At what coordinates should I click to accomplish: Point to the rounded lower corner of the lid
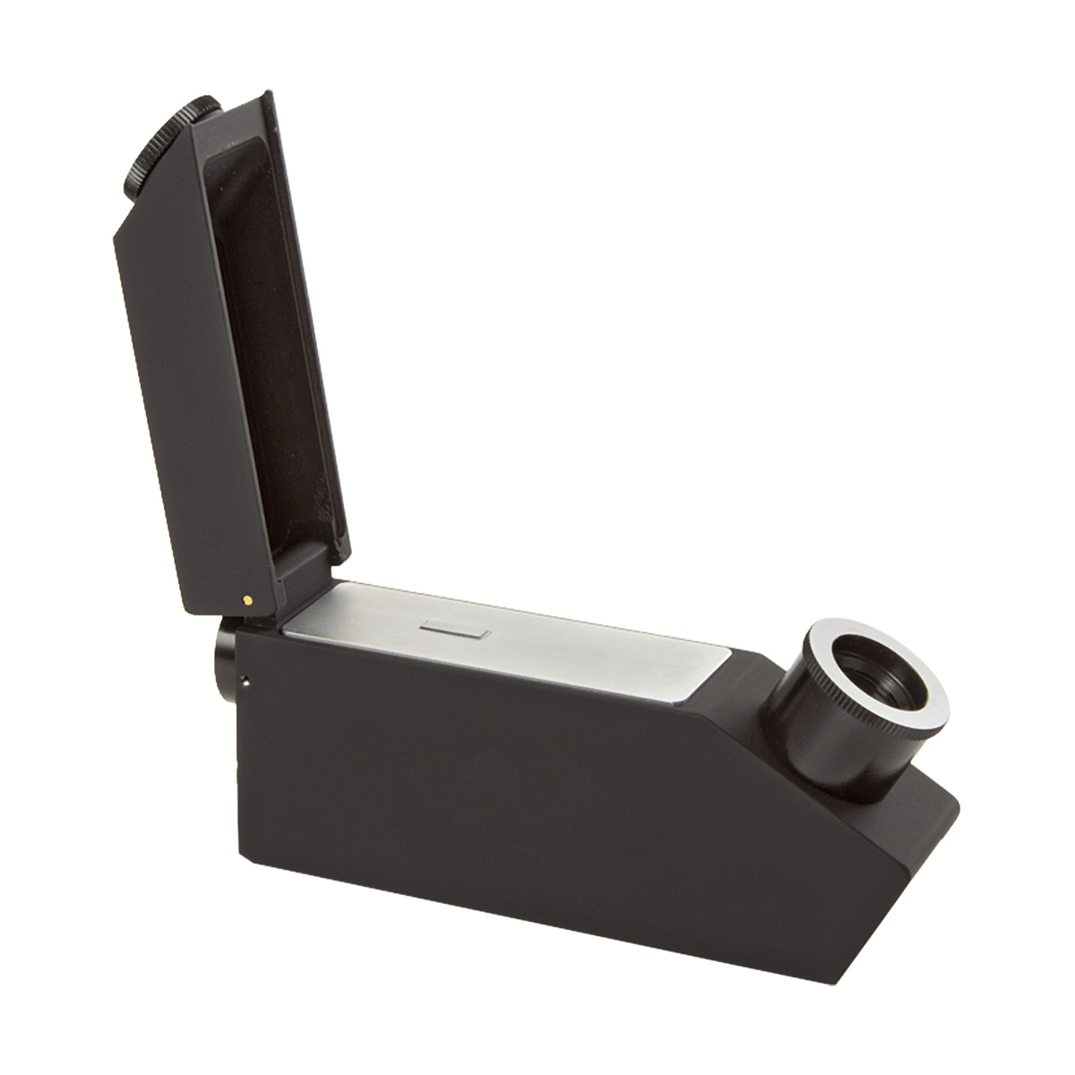coord(202,609)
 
